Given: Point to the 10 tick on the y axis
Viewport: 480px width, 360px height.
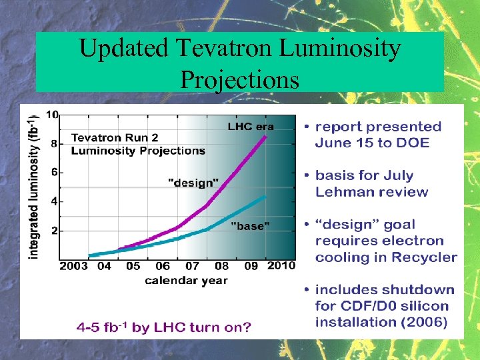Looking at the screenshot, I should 51,114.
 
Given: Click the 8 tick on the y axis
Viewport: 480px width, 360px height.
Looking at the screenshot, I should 53,143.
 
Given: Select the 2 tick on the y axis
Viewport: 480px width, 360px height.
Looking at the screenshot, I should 53,231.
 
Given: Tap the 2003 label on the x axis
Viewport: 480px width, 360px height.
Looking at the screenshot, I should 73,267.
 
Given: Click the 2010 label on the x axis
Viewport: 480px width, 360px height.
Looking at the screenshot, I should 281,267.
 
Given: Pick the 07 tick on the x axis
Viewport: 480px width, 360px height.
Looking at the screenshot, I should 191,267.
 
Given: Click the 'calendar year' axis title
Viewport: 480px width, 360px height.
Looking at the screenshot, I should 186,280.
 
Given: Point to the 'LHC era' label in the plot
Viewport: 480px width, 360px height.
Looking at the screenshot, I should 251,126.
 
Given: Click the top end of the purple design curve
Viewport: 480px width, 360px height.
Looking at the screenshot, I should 266,137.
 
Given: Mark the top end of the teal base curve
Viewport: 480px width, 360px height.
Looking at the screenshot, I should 265,197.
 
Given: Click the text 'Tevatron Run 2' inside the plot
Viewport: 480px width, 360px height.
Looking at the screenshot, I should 115,138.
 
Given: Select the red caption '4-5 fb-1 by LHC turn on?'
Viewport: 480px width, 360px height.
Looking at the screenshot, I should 163,327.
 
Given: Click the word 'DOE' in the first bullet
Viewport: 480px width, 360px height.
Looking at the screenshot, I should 414,143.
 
